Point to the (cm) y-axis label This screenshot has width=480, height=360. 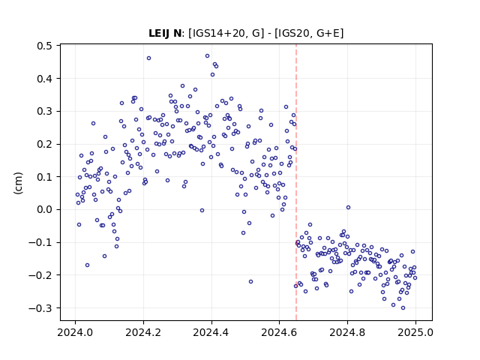pyautogui.click(x=18, y=183)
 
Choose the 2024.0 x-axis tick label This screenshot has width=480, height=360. pyautogui.click(x=75, y=332)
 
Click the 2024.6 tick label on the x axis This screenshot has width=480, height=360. pyautogui.click(x=279, y=332)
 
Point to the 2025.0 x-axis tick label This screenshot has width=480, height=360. pyautogui.click(x=415, y=332)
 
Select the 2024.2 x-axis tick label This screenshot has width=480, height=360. pyautogui.click(x=143, y=332)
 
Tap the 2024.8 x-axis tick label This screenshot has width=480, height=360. pyautogui.click(x=347, y=332)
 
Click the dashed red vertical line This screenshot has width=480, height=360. pyautogui.click(x=296, y=182)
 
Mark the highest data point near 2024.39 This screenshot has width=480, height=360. pyautogui.click(x=207, y=56)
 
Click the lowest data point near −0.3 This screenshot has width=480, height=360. pyautogui.click(x=403, y=308)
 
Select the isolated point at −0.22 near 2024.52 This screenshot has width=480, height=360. pyautogui.click(x=250, y=282)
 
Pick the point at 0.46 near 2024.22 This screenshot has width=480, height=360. pyautogui.click(x=148, y=58)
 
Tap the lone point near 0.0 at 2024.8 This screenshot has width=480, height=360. pyautogui.click(x=348, y=208)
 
